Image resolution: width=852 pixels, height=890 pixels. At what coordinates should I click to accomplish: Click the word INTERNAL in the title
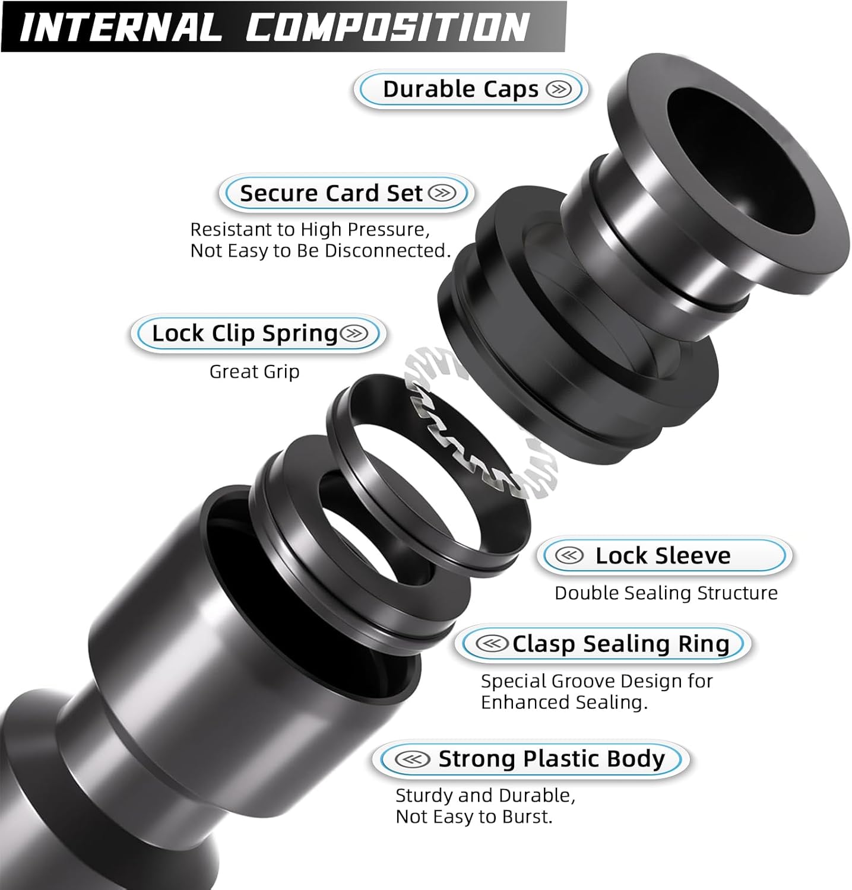click(x=119, y=27)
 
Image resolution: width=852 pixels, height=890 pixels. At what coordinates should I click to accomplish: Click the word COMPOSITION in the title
click(x=387, y=27)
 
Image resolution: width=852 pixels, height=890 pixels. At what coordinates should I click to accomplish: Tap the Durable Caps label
click(x=460, y=90)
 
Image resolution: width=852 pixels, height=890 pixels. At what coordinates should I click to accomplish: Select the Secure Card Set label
click(x=331, y=193)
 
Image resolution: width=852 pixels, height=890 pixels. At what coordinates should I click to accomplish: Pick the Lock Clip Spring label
click(x=245, y=333)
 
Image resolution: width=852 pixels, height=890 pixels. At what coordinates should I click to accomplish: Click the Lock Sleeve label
click(x=663, y=556)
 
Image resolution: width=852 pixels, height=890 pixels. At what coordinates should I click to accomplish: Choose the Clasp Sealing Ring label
click(x=620, y=644)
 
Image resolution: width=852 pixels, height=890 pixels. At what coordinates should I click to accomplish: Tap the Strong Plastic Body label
click(x=551, y=759)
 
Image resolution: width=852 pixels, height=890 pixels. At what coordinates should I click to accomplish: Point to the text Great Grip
click(x=254, y=372)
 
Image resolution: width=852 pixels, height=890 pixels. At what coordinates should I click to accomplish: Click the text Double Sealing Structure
click(x=666, y=593)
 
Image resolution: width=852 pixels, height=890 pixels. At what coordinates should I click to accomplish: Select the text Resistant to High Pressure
click(x=309, y=230)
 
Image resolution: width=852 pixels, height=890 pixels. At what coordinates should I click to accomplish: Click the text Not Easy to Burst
click(x=474, y=817)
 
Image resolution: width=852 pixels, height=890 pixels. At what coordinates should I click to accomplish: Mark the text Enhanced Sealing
click(x=563, y=703)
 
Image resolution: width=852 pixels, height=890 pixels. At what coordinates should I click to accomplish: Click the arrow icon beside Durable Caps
click(x=558, y=90)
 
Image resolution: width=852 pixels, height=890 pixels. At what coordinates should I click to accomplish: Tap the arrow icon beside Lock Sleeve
click(x=569, y=556)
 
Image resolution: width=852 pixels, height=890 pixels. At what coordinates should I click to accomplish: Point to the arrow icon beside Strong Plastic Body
click(x=412, y=759)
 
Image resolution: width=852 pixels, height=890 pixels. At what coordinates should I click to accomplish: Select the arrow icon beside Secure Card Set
click(x=442, y=193)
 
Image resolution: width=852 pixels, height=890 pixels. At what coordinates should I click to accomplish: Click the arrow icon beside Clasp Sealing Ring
click(x=492, y=644)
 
